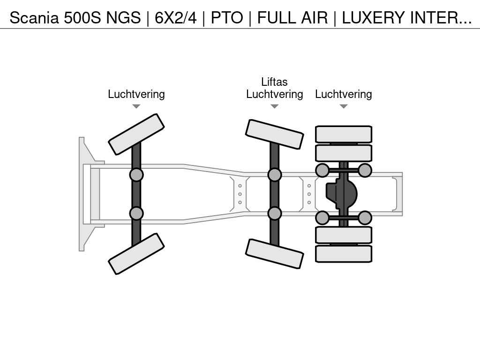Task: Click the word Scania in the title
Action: click(34, 18)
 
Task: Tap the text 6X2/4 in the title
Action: click(175, 18)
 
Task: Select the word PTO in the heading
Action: click(227, 18)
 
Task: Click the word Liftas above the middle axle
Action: click(274, 82)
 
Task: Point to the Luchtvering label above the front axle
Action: click(136, 94)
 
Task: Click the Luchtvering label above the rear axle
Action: click(344, 94)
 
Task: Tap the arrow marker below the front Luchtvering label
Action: click(136, 106)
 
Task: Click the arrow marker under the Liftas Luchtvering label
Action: click(275, 106)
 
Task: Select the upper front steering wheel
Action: click(136, 135)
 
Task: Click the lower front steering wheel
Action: click(136, 254)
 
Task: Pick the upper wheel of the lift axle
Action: click(275, 135)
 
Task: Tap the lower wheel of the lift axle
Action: click(275, 254)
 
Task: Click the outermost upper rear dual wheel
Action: click(344, 134)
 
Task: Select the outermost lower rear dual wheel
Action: click(344, 254)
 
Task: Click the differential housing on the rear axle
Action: click(341, 194)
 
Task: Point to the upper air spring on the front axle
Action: click(136, 175)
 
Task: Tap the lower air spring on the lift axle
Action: click(275, 213)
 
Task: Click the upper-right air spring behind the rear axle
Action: click(365, 170)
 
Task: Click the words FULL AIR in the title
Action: click(292, 18)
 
